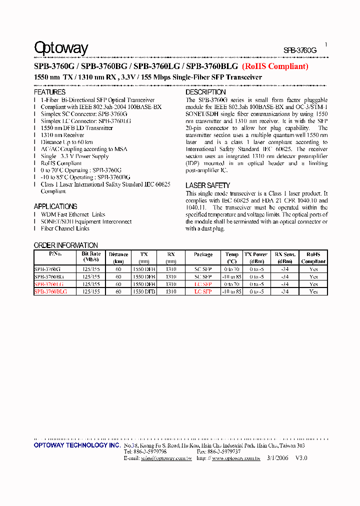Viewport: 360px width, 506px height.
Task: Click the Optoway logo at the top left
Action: [x=61, y=48]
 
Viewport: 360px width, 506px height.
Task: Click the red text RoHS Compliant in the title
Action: [x=275, y=66]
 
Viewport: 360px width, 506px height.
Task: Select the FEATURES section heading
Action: [x=49, y=92]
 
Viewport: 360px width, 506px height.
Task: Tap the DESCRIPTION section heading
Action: [x=205, y=92]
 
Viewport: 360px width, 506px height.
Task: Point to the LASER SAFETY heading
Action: [x=207, y=185]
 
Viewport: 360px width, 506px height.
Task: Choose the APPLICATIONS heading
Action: [x=55, y=206]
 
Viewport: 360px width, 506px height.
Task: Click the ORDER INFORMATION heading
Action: [x=65, y=245]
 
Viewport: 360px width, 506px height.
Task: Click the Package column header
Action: [x=203, y=254]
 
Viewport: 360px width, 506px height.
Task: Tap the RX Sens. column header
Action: [x=284, y=254]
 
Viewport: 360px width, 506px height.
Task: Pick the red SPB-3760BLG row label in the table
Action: [x=50, y=291]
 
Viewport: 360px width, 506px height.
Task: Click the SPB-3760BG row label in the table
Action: [x=49, y=276]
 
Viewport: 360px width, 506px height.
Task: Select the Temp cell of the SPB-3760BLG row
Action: [x=231, y=291]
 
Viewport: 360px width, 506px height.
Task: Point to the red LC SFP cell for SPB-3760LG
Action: [x=203, y=284]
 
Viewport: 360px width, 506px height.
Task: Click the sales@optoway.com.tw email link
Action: [x=166, y=458]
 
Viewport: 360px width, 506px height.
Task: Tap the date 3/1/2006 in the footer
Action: [x=277, y=458]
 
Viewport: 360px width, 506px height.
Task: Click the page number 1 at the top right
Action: [x=326, y=44]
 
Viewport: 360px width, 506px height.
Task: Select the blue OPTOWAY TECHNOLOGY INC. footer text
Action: [x=77, y=445]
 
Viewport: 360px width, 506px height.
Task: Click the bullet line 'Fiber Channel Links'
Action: [x=65, y=228]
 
